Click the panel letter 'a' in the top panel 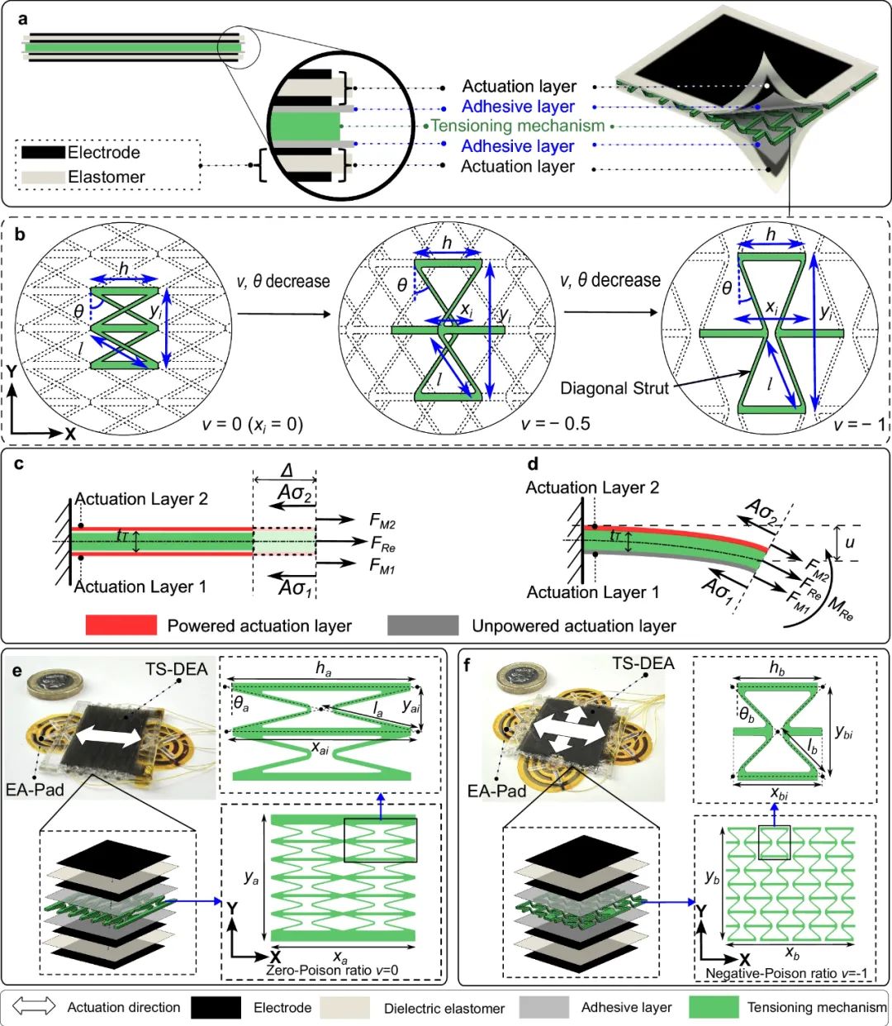(x=21, y=17)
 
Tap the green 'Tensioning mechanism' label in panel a (x=518, y=126)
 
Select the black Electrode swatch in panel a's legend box (x=43, y=153)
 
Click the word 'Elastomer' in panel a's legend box (x=107, y=177)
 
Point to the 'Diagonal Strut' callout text (x=614, y=388)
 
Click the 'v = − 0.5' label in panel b (x=556, y=424)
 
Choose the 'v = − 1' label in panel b (x=859, y=424)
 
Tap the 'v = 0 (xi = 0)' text (x=253, y=424)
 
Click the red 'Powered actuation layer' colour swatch (x=121, y=625)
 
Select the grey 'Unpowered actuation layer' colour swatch (x=423, y=625)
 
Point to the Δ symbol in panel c (x=287, y=471)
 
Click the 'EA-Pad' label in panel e (x=35, y=790)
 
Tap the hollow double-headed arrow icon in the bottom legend (x=35, y=1006)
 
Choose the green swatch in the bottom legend (x=713, y=1007)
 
